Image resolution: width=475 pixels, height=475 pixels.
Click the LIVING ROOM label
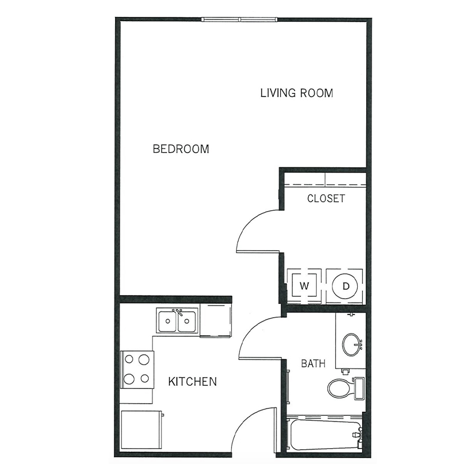(297, 93)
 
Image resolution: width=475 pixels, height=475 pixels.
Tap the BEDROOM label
(181, 149)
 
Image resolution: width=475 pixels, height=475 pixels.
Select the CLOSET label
(326, 198)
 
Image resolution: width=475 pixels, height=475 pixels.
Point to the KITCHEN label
(192, 382)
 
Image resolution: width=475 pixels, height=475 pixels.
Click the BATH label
(313, 363)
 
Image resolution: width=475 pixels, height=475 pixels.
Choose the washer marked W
(304, 286)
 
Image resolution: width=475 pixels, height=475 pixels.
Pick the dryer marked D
(345, 286)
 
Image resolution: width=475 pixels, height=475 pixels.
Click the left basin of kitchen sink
(167, 321)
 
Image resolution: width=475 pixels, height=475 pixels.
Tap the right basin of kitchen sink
(187, 321)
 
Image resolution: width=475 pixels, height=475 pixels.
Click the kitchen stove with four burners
(137, 369)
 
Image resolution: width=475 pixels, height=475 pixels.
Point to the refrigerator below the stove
(142, 430)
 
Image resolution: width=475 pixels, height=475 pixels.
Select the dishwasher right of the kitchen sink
(215, 320)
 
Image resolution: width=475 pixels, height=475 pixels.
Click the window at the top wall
(239, 20)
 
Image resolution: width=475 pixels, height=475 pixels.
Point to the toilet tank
(359, 388)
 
